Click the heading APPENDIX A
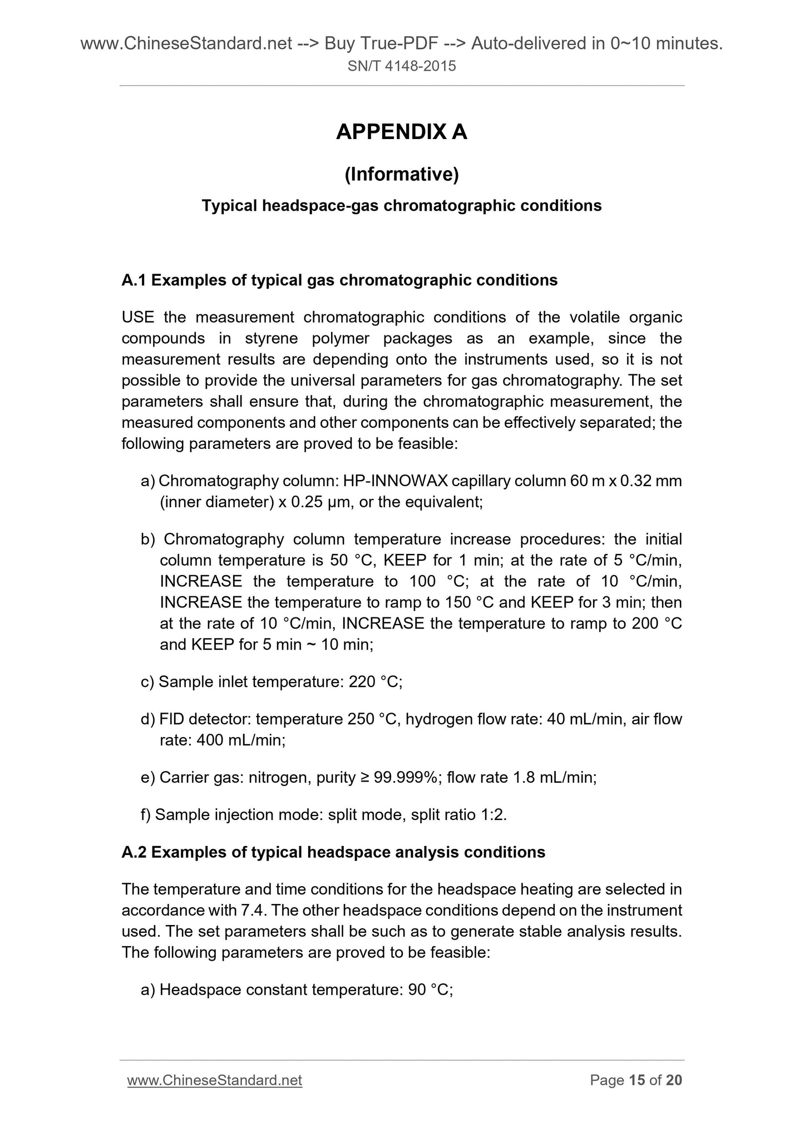pos(401,132)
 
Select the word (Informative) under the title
pos(401,175)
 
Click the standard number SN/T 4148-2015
pos(401,67)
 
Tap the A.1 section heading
pos(339,280)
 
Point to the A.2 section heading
pos(333,852)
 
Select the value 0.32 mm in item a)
pos(650,481)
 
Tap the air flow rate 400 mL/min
pos(240,740)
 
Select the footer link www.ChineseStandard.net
pos(215,1080)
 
